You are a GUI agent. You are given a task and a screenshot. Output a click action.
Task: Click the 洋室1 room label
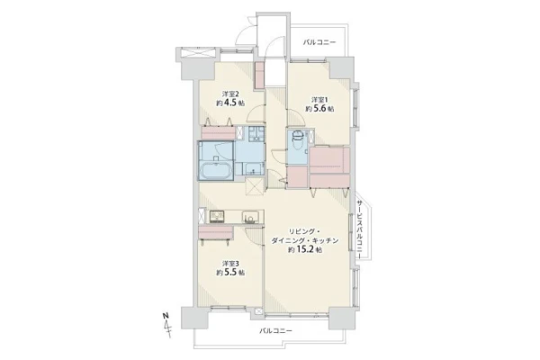(x=319, y=100)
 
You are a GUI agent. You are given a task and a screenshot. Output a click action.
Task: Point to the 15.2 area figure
(x=304, y=250)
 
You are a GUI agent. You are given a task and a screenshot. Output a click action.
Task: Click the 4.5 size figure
(x=230, y=103)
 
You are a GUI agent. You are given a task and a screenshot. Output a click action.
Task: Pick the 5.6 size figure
(x=319, y=109)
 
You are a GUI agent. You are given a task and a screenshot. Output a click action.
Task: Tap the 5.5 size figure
(x=230, y=272)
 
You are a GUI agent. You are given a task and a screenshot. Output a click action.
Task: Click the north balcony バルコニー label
(x=319, y=42)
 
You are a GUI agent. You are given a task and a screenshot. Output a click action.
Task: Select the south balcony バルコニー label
(x=275, y=330)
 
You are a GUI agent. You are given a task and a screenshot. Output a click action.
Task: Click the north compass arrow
(x=168, y=328)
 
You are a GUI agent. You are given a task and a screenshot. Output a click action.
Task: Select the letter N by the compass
(x=166, y=315)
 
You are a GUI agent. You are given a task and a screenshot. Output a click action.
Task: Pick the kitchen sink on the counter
(x=248, y=218)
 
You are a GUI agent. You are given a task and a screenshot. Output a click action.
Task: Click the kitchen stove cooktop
(x=217, y=216)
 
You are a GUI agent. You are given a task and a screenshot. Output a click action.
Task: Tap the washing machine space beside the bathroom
(x=256, y=134)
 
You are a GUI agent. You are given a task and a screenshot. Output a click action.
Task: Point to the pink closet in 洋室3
(x=216, y=232)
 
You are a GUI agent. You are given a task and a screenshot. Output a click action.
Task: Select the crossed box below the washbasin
(x=255, y=186)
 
